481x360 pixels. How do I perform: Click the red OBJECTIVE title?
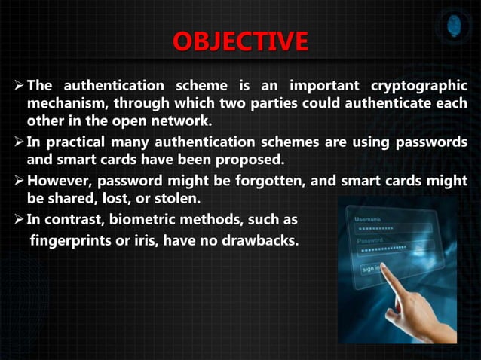point(240,42)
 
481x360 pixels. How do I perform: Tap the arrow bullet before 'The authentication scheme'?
point(17,85)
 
